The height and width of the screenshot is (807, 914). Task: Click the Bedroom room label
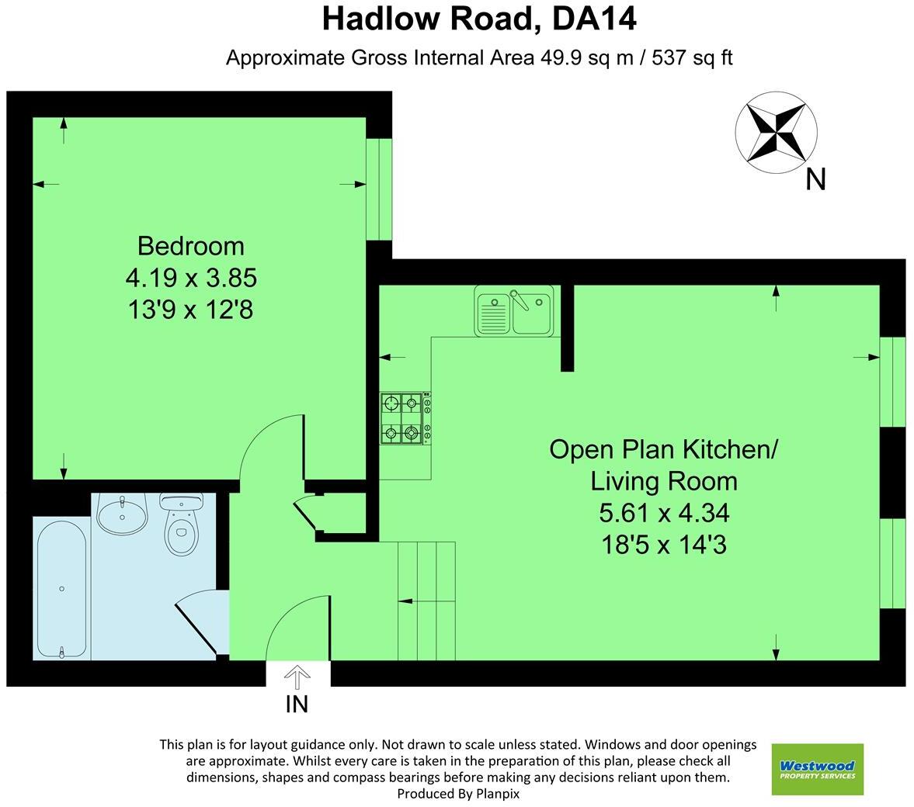190,246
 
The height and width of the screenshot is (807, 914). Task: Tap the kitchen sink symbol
514,311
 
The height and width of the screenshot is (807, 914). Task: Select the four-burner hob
405,419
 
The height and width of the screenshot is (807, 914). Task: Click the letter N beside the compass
815,179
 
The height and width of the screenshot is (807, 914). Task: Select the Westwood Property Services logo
817,769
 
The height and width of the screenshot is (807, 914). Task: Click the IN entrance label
297,704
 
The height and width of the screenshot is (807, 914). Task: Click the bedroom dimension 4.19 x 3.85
190,278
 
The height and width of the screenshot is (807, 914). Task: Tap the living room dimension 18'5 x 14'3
663,546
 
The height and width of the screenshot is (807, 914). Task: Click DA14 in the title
594,19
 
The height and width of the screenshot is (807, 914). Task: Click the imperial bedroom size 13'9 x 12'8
190,310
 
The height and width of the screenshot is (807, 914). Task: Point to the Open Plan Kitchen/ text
663,449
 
